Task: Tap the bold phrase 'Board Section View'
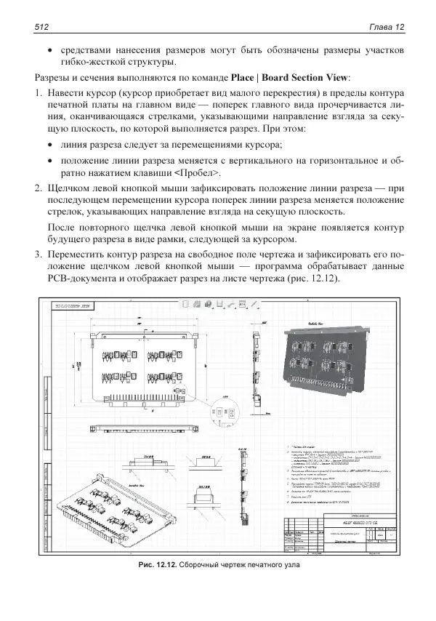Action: [x=306, y=77]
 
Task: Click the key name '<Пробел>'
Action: [x=197, y=173]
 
